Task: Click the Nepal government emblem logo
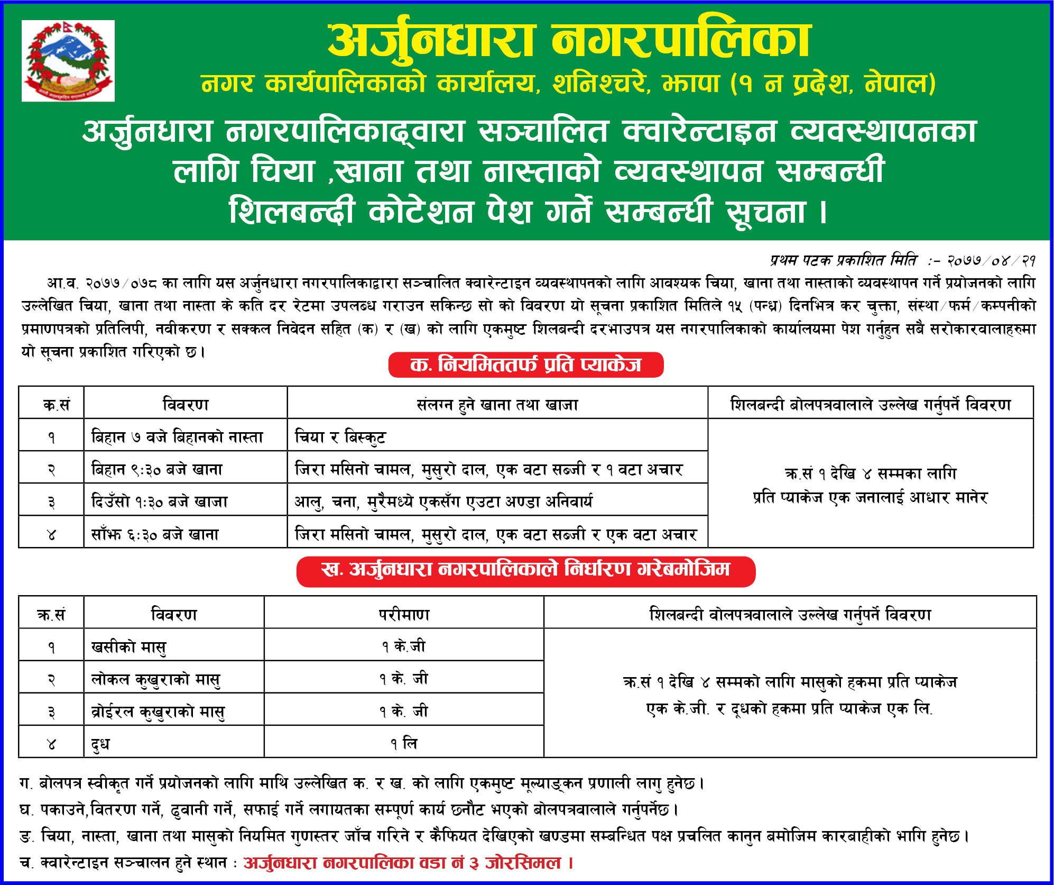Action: [x=68, y=60]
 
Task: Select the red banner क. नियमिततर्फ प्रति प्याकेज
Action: [x=526, y=365]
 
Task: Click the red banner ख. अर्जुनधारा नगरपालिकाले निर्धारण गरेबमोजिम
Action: [x=526, y=570]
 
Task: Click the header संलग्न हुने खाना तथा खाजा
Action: [x=497, y=405]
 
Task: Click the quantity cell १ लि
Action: [x=404, y=744]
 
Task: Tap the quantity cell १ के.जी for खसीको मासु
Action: [x=404, y=646]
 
